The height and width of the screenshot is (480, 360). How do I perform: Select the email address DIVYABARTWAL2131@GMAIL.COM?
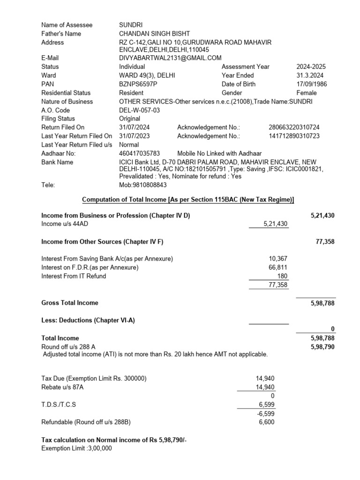[170, 58]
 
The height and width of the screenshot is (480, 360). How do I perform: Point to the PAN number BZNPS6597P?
[138, 84]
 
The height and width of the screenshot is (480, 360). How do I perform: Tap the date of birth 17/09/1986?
[312, 84]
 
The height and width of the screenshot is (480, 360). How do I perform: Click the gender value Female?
[307, 93]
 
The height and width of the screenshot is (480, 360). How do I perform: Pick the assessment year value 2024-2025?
[312, 67]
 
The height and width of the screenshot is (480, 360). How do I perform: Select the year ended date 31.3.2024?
[310, 75]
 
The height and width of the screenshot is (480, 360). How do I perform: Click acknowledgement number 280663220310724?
[294, 127]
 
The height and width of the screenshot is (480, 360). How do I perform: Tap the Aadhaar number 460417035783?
[140, 153]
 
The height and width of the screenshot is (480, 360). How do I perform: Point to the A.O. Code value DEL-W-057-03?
[140, 110]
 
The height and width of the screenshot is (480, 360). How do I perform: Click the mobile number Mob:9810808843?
[143, 185]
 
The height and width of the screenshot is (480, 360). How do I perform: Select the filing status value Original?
[129, 119]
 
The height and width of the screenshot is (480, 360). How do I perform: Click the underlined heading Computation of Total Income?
[188, 200]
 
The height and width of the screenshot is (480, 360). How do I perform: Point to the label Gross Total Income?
[70, 303]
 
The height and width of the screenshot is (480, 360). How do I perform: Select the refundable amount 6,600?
[267, 422]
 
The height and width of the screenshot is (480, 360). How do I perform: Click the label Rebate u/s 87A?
[64, 387]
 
